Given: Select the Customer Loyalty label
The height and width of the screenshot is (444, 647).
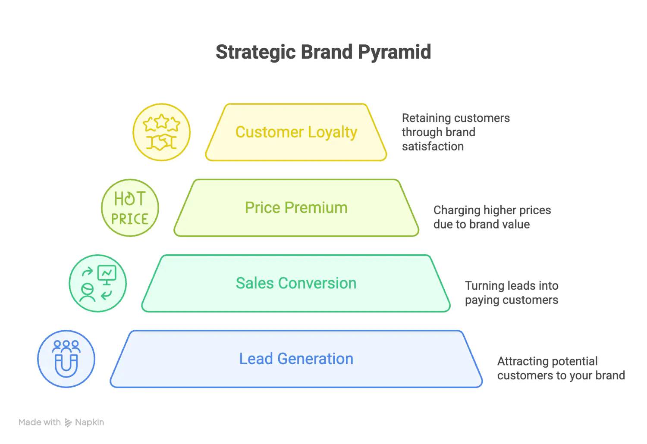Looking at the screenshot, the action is pyautogui.click(x=296, y=132).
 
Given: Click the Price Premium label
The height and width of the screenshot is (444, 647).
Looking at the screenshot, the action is pyautogui.click(x=296, y=208).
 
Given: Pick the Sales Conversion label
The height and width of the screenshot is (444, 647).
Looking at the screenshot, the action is pyautogui.click(x=296, y=283).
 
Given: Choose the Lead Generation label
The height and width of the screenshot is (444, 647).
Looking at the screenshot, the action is pyautogui.click(x=296, y=359).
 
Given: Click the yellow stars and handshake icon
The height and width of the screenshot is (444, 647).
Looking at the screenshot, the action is pyautogui.click(x=161, y=132).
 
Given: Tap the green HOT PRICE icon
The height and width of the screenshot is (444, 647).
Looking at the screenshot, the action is pyautogui.click(x=130, y=208).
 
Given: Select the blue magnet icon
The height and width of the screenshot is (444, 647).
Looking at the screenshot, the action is pyautogui.click(x=66, y=359).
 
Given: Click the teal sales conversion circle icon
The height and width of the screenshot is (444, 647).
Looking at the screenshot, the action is pyautogui.click(x=97, y=283).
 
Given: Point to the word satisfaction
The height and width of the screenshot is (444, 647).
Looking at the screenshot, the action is pyautogui.click(x=433, y=147).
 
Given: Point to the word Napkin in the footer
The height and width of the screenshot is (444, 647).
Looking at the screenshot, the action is pyautogui.click(x=90, y=422).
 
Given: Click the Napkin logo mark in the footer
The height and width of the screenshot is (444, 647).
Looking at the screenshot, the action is pyautogui.click(x=68, y=422).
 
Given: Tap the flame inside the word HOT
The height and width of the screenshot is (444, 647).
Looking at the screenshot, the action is pyautogui.click(x=130, y=199).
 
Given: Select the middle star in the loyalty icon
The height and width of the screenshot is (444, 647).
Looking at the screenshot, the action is pyautogui.click(x=161, y=121).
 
